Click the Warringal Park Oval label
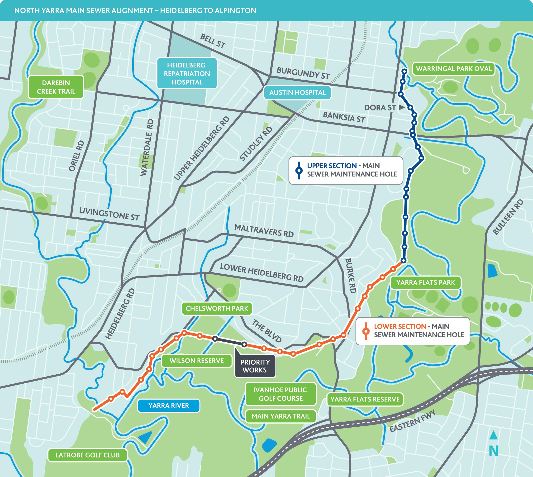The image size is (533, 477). [454, 69]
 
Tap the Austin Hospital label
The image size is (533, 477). [297, 92]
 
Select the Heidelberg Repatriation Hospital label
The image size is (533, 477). [187, 74]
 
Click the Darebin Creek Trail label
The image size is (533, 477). [56, 87]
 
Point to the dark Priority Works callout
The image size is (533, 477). [255, 366]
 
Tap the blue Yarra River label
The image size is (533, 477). [168, 406]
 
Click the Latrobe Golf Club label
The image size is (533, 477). [87, 455]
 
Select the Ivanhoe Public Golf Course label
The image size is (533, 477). [280, 394]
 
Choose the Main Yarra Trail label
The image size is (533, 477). [281, 416]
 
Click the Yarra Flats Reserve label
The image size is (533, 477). [365, 399]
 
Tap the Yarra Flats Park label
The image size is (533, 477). [426, 282]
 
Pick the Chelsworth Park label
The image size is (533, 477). [217, 309]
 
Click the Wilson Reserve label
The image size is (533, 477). [196, 361]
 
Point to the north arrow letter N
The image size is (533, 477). [493, 451]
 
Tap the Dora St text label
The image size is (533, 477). [380, 107]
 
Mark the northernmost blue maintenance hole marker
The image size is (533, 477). [404, 71]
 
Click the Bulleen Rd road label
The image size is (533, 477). [508, 217]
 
